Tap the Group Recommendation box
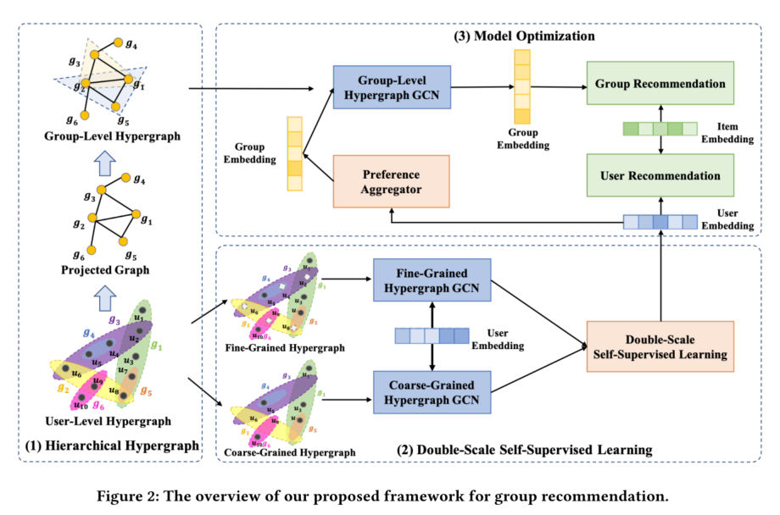tap(660, 83)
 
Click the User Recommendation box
tap(660, 176)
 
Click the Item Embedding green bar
tap(659, 129)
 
